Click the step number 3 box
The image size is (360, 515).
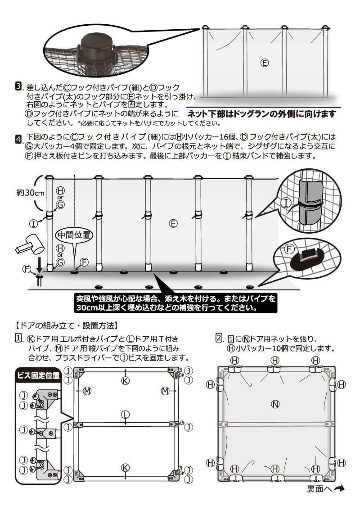[x=19, y=86]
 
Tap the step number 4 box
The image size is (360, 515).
[x=19, y=138]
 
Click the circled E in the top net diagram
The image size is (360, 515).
[x=265, y=63]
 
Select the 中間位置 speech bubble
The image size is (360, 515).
[x=74, y=235]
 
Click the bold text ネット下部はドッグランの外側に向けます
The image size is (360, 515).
[x=261, y=114]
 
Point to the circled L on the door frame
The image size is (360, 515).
[x=126, y=414]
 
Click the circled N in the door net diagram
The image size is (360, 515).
[x=275, y=404]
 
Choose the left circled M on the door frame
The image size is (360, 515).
[x=87, y=391]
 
